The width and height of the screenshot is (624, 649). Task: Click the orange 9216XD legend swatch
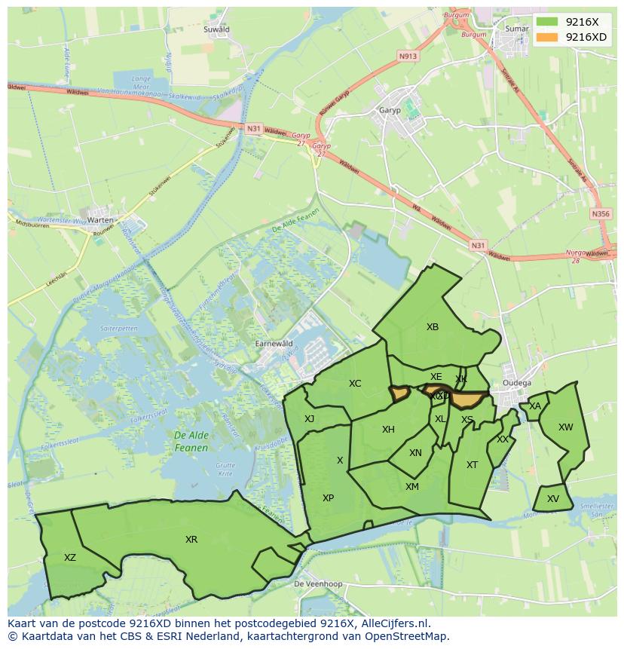coord(548,37)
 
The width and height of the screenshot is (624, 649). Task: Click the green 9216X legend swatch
coord(548,22)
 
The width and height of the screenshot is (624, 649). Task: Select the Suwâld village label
coord(217,29)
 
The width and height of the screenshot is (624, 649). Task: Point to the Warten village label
coord(100,220)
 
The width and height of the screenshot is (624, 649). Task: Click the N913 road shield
coord(408,56)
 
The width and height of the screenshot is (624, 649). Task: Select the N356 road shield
coord(601,214)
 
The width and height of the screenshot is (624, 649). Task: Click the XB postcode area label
coord(433,327)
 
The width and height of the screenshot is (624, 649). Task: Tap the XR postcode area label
coord(191,540)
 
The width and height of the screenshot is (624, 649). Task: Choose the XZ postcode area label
coord(70,558)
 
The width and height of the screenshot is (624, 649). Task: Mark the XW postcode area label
coord(565,427)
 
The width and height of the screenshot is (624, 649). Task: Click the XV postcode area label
coord(553,498)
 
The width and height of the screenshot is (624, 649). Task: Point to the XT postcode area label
coord(472,464)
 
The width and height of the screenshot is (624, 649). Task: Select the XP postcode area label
coord(328,497)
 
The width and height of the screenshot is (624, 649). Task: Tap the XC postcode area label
coord(355,384)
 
